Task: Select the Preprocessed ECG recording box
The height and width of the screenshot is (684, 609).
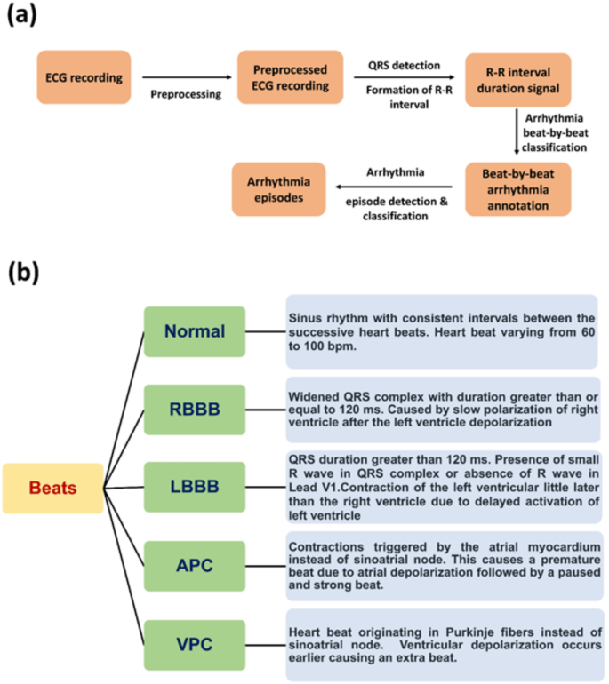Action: [x=290, y=77]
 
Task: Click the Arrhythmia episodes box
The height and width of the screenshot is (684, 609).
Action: [x=276, y=187]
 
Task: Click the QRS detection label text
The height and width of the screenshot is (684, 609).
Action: [x=404, y=65]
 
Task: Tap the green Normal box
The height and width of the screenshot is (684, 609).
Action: [x=194, y=331]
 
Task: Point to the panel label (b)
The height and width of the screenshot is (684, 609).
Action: [x=24, y=270]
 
